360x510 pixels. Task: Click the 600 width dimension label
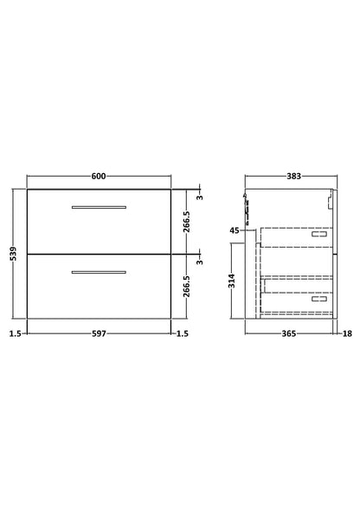click(x=99, y=177)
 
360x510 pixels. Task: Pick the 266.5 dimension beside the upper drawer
click(x=185, y=223)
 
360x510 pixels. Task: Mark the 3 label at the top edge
click(x=202, y=197)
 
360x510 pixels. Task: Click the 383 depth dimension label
click(x=293, y=177)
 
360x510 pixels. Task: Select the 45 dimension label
click(x=235, y=230)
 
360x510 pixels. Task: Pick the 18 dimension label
click(x=346, y=333)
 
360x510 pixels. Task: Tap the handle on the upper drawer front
click(x=99, y=206)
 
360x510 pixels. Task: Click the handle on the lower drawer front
click(x=99, y=272)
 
